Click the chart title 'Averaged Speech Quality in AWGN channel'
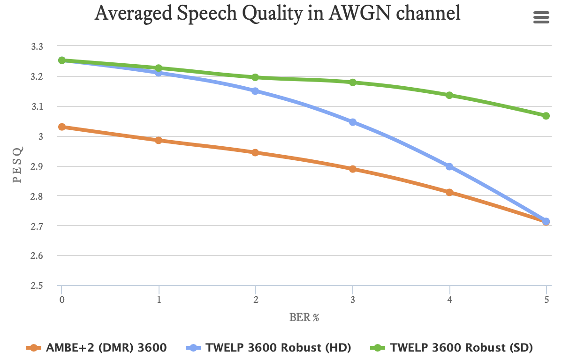[x=277, y=14]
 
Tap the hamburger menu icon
[x=541, y=17]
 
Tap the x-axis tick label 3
[x=353, y=299]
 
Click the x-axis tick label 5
[x=546, y=299]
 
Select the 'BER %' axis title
[x=304, y=318]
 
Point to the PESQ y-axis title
[x=17, y=166]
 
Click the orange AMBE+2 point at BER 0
[x=62, y=127]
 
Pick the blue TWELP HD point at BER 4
[x=449, y=166]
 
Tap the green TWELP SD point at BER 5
[x=546, y=116]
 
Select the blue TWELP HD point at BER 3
[x=353, y=122]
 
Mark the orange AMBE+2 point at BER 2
[x=255, y=152]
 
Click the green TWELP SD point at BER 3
[x=353, y=82]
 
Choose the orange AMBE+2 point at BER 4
[x=449, y=192]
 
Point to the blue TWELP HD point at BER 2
[x=255, y=91]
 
